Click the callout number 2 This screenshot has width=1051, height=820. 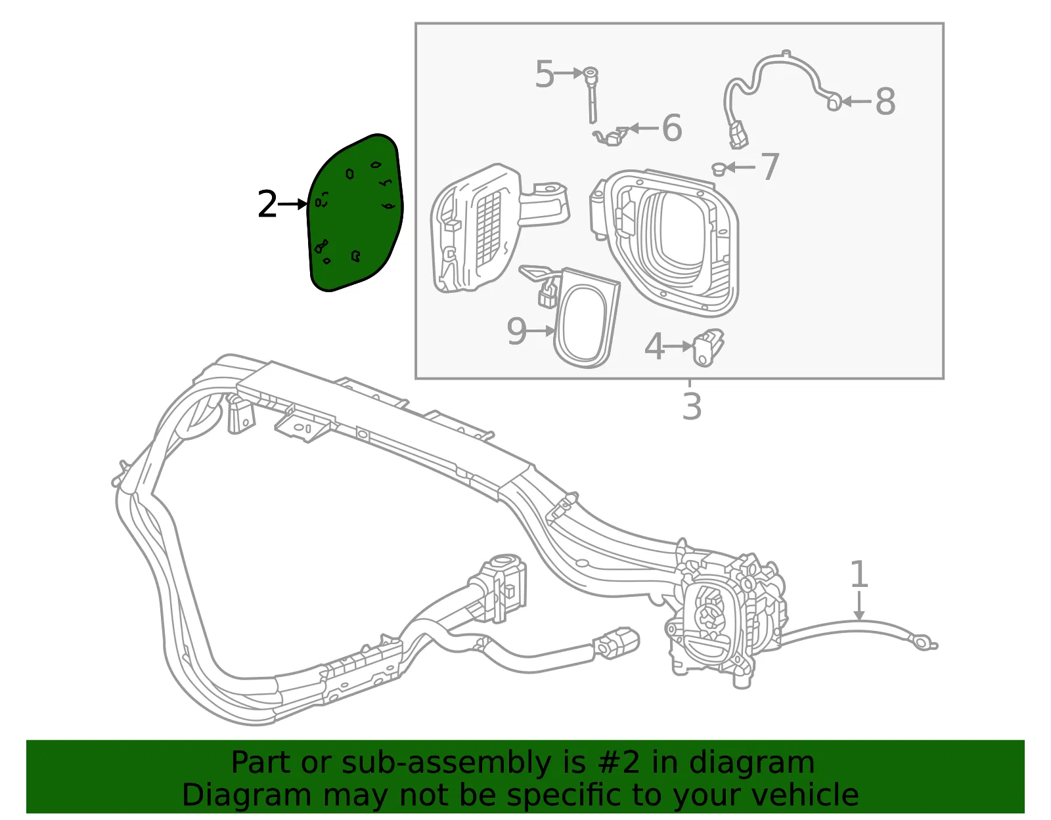pyautogui.click(x=267, y=204)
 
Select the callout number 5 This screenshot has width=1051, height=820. pyautogui.click(x=544, y=74)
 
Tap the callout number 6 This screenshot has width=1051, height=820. pyautogui.click(x=671, y=128)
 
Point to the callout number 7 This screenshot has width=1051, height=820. pyautogui.click(x=770, y=167)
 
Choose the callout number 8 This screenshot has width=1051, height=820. pyautogui.click(x=885, y=102)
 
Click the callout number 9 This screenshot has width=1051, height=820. pyautogui.click(x=516, y=331)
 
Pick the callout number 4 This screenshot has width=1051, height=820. pyautogui.click(x=654, y=347)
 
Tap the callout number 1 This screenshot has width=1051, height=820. pyautogui.click(x=859, y=574)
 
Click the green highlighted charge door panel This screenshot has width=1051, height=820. pyautogui.click(x=355, y=213)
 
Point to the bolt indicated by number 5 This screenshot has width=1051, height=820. pyautogui.click(x=592, y=95)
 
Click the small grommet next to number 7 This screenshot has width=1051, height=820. pyautogui.click(x=719, y=169)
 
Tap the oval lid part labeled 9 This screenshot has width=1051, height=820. pyautogui.click(x=586, y=319)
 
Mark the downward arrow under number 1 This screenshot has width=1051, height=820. pyautogui.click(x=859, y=605)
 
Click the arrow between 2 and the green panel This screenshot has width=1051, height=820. pyautogui.click(x=292, y=204)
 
